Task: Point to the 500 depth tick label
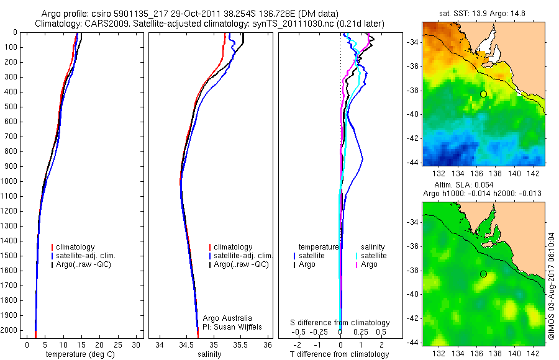(x=11, y=107)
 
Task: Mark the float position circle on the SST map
(x=483, y=94)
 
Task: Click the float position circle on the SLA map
(x=483, y=274)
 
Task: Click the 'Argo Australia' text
(x=227, y=318)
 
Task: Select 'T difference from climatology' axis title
(x=340, y=354)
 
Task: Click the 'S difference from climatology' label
(x=340, y=323)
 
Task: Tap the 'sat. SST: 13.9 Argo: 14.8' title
(x=483, y=14)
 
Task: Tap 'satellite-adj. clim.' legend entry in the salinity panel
(x=243, y=256)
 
